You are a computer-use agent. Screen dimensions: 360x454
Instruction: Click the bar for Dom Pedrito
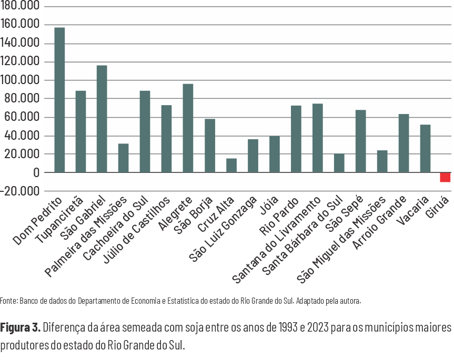coord(59,100)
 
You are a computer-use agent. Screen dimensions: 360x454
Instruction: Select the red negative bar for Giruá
coord(445,177)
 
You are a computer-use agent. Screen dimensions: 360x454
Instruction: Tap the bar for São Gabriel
coord(102,119)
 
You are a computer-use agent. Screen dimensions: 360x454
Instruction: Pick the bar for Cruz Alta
coord(231,165)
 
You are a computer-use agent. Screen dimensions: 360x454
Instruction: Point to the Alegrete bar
coord(188,128)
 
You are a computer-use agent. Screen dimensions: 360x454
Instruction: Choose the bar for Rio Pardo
coord(296,139)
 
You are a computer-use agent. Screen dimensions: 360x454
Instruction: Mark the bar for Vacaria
coord(425,148)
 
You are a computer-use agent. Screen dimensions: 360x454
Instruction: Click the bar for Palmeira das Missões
coord(124,158)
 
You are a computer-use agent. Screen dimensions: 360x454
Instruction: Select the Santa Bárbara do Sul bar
coord(339,163)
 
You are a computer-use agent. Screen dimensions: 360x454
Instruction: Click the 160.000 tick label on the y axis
coord(21,25)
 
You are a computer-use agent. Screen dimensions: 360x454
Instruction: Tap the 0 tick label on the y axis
coord(36,173)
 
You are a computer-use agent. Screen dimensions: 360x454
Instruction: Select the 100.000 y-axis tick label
coord(21,80)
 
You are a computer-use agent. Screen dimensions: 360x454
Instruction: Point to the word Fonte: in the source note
coord(9,302)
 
